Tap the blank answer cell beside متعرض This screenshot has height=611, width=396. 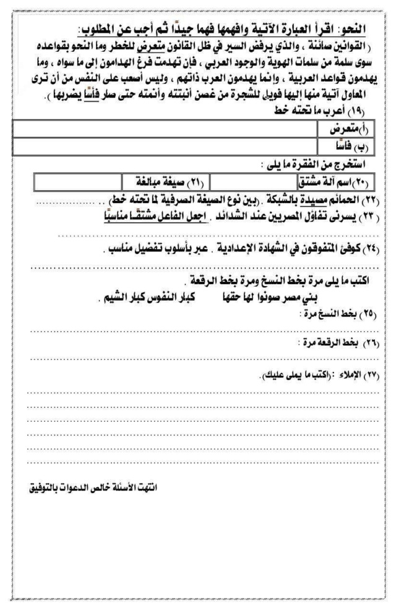coord(164,130)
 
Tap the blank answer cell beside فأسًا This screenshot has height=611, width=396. coord(164,146)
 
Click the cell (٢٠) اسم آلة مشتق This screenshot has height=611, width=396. coord(337,182)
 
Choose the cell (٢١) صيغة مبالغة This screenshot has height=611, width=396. coord(163,182)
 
